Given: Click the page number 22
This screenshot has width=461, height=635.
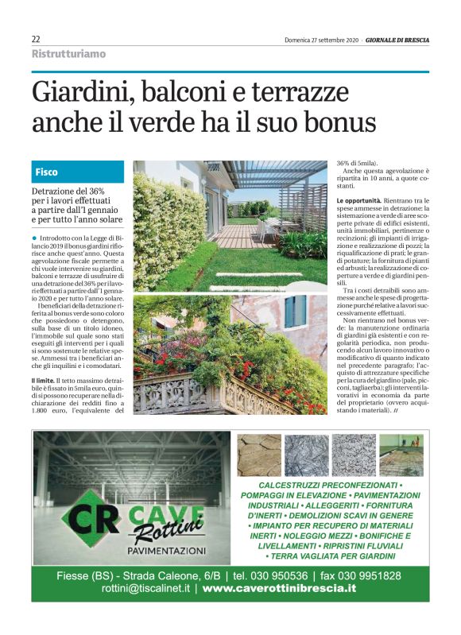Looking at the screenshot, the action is click(36, 40).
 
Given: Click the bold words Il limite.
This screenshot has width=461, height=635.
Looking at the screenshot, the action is click(43, 382).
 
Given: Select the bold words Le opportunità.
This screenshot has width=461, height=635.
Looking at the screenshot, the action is click(362, 199).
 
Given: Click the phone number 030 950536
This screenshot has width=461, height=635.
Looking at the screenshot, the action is click(280, 575).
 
